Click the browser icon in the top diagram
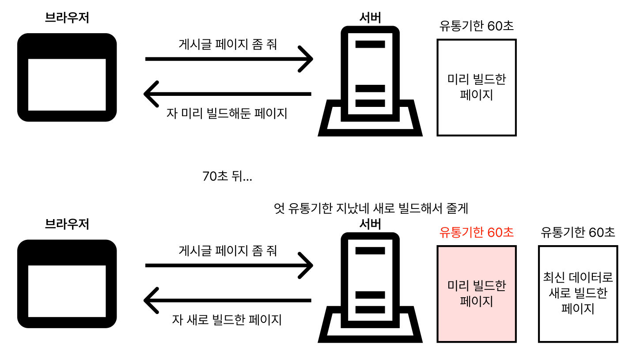point(67,77)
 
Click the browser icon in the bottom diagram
point(67,284)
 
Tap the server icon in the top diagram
point(370,82)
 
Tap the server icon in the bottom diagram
point(370,288)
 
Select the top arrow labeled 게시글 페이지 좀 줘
point(229,59)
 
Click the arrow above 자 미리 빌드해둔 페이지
point(227,94)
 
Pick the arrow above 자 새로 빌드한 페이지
point(227,300)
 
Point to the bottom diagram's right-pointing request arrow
point(229,265)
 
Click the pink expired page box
point(476,294)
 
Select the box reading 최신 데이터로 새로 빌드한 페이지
point(578,294)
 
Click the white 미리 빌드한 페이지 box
point(476,87)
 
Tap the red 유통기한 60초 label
point(477,232)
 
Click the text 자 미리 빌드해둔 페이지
point(227,114)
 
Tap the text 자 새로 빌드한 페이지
point(227,319)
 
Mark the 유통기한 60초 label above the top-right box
point(477,26)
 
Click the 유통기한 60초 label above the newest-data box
point(578,232)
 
